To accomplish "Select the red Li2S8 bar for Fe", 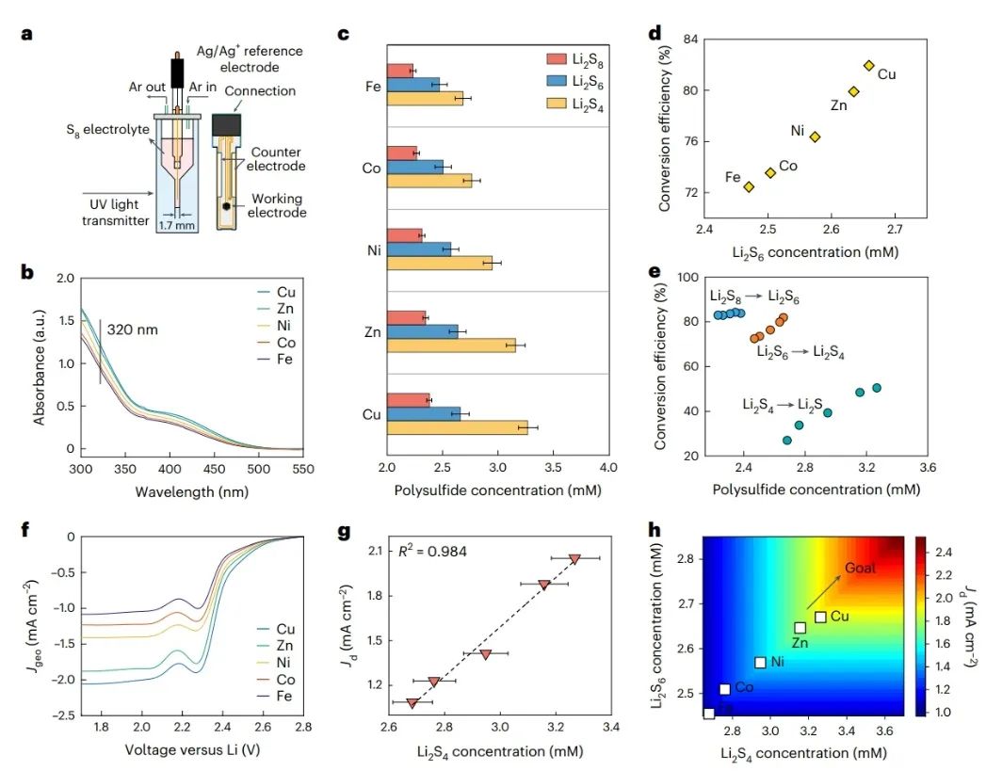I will tap(400, 70).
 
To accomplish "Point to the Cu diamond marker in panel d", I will tap(868, 65).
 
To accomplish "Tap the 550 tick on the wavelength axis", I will tap(302, 469).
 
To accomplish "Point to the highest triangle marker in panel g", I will tap(574, 559).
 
